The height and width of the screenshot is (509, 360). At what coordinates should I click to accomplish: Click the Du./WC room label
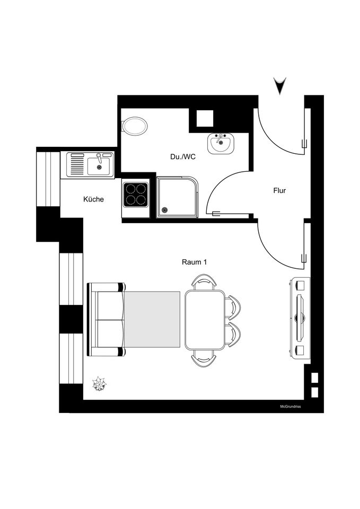point(183,157)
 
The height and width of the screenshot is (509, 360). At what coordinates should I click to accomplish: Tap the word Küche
point(93,199)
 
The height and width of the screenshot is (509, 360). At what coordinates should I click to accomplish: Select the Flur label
point(279,190)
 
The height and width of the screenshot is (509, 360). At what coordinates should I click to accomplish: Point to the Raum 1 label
point(194,262)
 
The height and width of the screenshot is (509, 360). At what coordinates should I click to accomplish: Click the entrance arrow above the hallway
point(279,85)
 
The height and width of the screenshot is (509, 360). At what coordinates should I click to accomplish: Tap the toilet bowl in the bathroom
point(135,126)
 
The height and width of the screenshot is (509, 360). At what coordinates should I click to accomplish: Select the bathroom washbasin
point(221,143)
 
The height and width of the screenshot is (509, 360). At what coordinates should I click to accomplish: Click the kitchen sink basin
point(99,165)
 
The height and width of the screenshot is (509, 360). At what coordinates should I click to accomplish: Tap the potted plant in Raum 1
point(99,384)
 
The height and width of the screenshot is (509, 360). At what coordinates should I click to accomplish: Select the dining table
point(205,320)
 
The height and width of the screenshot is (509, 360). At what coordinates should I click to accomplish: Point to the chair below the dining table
point(204,358)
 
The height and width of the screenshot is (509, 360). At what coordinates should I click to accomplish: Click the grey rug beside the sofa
point(152,319)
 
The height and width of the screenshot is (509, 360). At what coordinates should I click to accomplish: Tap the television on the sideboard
point(301,318)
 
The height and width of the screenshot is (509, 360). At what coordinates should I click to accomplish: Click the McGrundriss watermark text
point(290,407)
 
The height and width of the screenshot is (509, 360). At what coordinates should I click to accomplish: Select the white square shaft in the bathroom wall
point(205,118)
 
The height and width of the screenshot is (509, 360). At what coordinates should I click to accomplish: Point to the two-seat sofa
point(107,320)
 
